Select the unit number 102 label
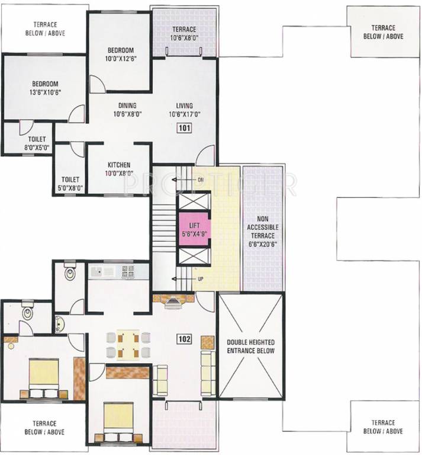click(184, 339)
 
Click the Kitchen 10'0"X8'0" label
click(118, 169)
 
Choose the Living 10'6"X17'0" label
click(184, 110)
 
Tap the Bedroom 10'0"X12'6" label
click(121, 54)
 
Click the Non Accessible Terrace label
click(264, 231)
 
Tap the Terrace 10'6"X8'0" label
click(184, 34)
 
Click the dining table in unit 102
click(127, 344)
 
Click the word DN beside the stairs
click(201, 179)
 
